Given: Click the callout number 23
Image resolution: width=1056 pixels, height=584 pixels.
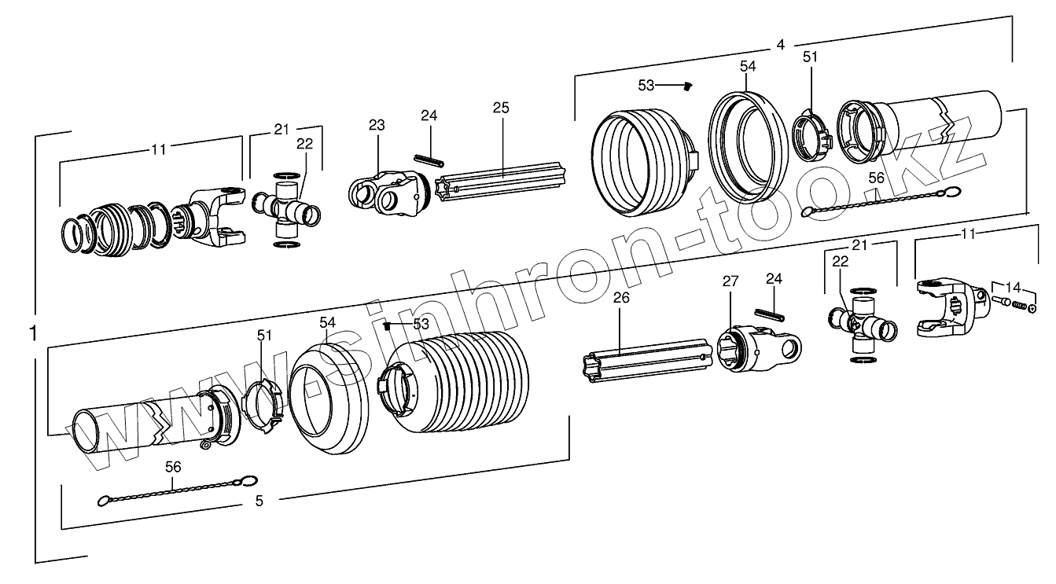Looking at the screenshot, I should coord(377,124).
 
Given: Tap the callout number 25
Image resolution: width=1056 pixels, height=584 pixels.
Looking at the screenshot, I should coord(502,107).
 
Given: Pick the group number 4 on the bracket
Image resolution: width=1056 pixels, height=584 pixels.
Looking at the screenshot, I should coord(780,45).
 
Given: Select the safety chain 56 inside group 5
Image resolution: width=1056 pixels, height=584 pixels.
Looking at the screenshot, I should coord(178,492).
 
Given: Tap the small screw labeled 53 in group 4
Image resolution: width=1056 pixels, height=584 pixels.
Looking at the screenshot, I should coord(686,85).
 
